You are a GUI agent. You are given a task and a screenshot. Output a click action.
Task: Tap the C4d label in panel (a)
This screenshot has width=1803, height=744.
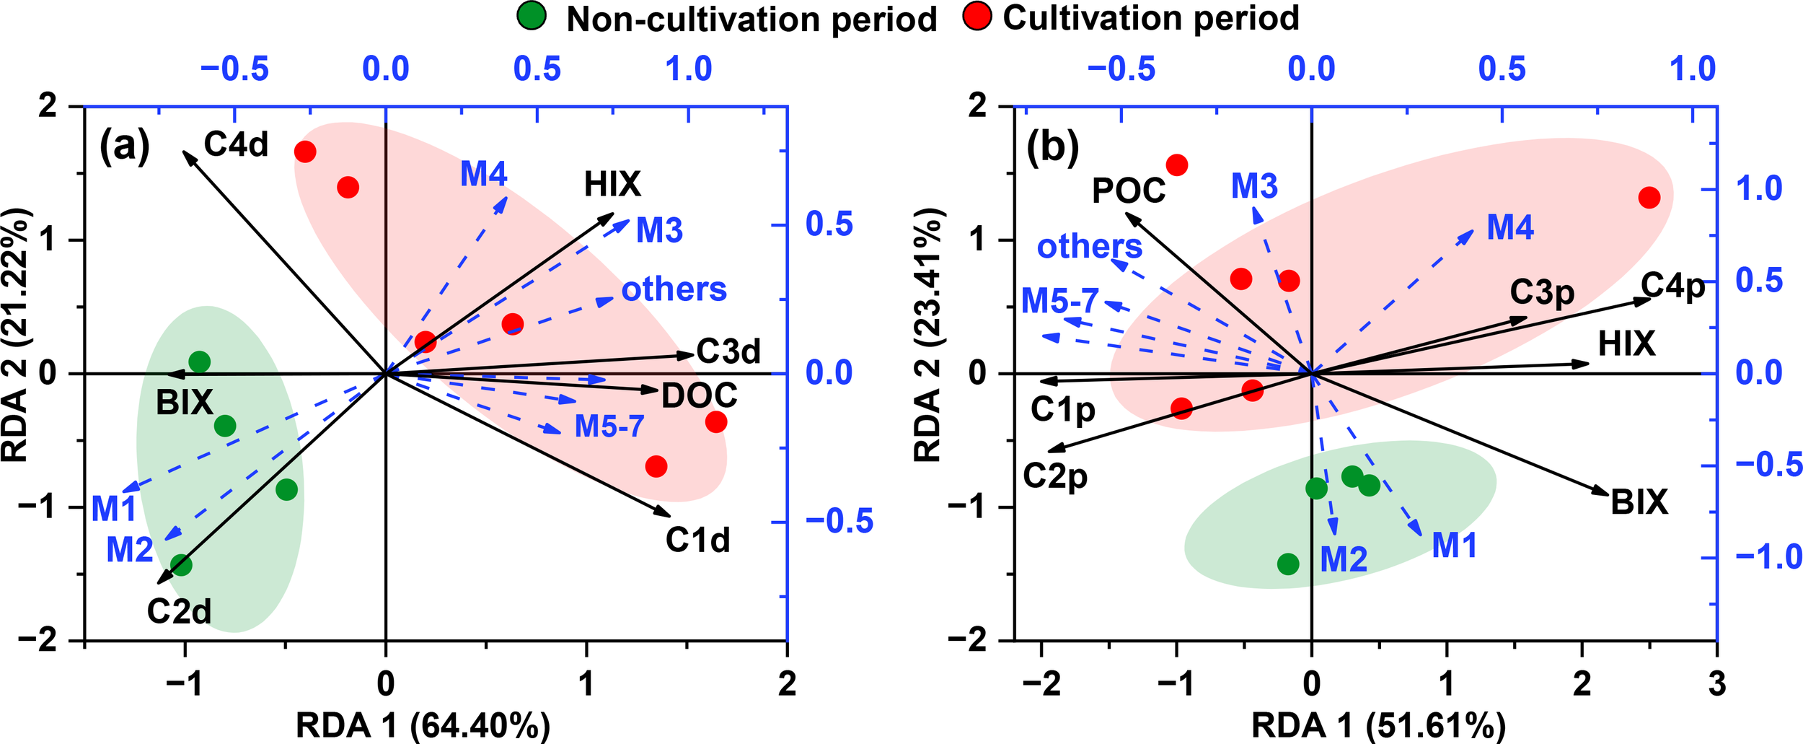[236, 144]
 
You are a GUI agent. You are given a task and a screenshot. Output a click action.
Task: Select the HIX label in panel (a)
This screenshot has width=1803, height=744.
[612, 185]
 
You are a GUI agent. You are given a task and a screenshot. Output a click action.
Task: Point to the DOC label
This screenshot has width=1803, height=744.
[700, 396]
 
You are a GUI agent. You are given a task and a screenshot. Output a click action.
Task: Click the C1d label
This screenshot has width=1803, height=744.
[697, 540]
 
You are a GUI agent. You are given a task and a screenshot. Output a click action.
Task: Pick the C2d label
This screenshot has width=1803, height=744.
[179, 612]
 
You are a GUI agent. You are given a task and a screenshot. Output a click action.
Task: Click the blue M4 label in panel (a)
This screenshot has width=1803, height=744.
[483, 174]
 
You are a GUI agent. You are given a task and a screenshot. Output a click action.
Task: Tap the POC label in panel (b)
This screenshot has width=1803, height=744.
[1129, 191]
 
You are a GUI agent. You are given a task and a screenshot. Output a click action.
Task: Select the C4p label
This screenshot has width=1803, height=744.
[1673, 286]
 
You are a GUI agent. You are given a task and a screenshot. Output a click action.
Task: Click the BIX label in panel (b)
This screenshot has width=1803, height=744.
[1639, 502]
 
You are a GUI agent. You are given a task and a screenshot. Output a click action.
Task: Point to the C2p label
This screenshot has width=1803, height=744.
[1055, 476]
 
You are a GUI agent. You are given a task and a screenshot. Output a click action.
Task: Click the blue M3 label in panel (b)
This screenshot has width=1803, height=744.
[1254, 186]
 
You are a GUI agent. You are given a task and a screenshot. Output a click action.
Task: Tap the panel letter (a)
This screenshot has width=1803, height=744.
[125, 146]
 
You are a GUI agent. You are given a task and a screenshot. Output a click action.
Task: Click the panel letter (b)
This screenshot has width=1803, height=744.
[1053, 148]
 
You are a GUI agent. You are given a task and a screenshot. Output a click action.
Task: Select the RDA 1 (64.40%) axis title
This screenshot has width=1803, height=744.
[423, 726]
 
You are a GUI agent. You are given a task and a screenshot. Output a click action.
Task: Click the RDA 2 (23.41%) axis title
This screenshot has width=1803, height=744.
[927, 335]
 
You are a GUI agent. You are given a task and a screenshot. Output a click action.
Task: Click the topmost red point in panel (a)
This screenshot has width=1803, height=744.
[305, 152]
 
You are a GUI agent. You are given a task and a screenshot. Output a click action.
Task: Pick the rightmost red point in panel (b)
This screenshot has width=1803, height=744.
[1649, 198]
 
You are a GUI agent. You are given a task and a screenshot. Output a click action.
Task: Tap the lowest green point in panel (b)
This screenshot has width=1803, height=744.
[1288, 564]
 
